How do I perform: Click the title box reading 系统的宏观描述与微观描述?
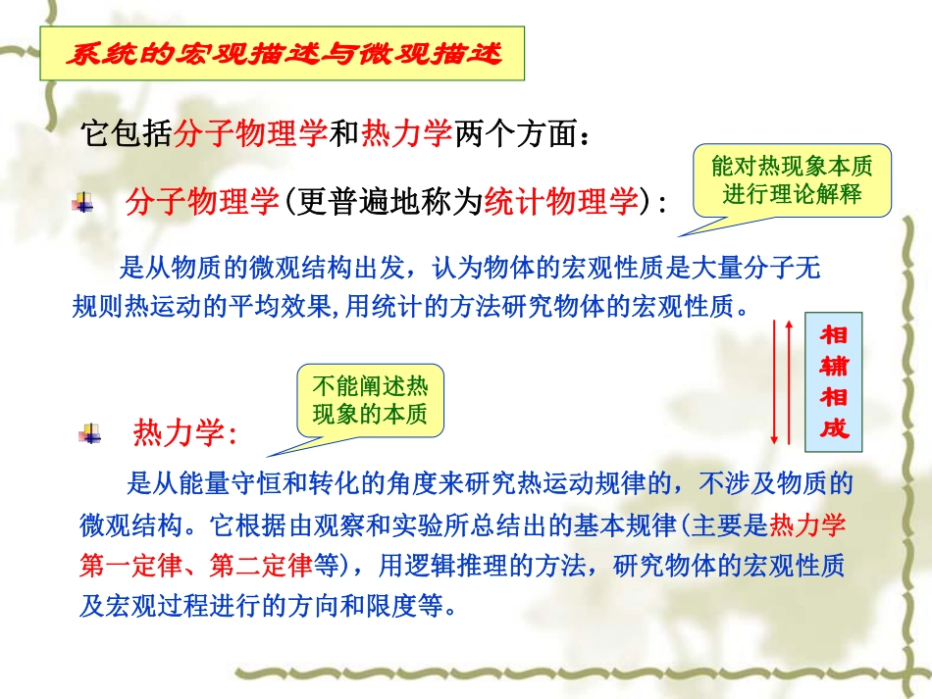tap(283, 54)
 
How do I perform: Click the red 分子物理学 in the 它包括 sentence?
tap(250, 134)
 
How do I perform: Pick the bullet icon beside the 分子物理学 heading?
tap(84, 203)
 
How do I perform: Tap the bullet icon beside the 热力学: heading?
tap(91, 432)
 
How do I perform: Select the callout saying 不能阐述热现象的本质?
tap(370, 400)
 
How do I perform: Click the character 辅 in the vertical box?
tap(834, 367)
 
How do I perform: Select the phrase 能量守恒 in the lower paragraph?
tap(213, 483)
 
